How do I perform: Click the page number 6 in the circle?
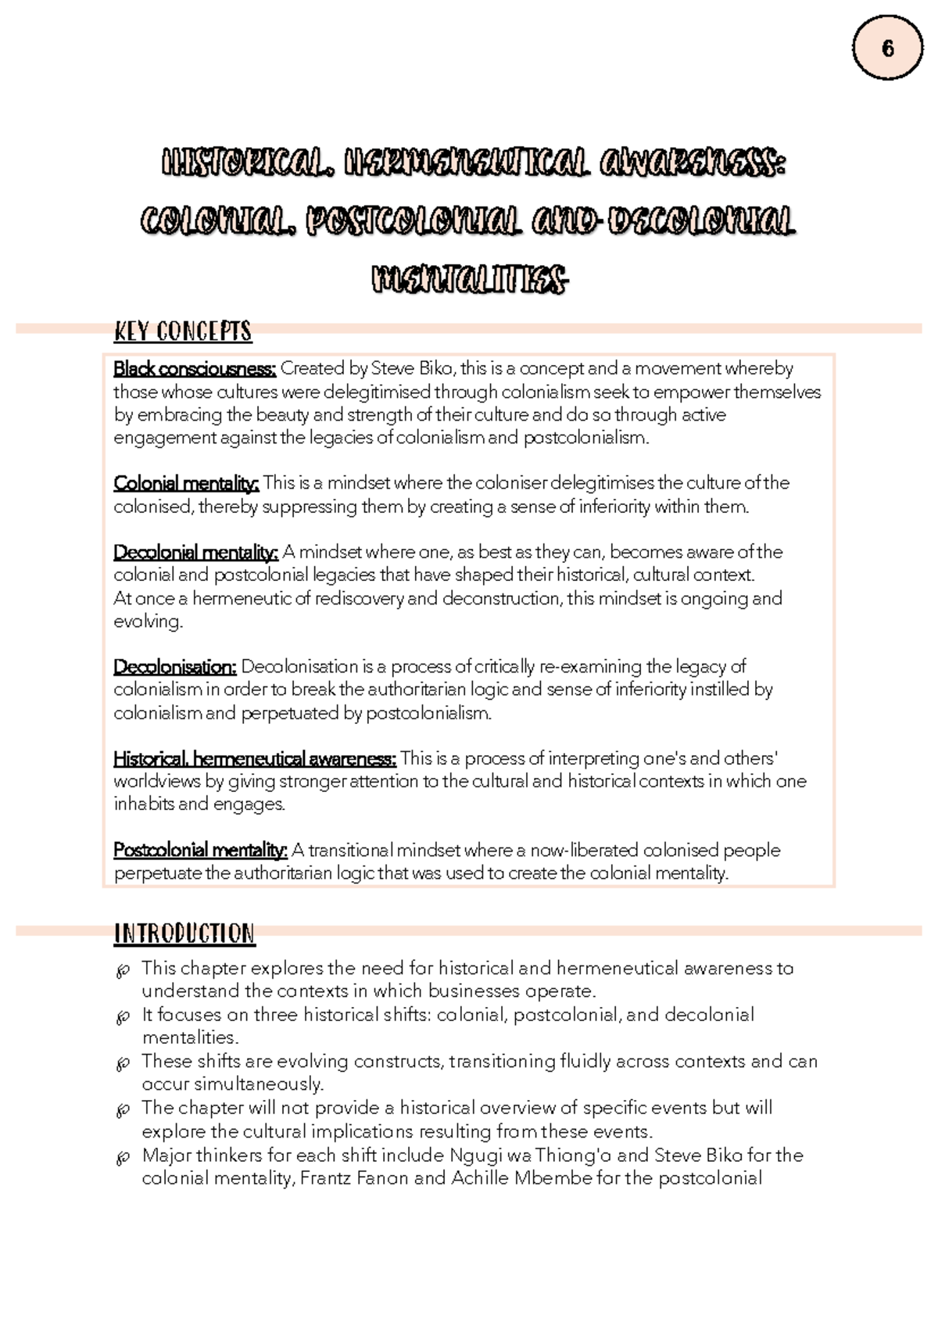(887, 49)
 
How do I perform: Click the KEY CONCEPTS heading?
(183, 331)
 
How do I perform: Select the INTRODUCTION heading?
(184, 934)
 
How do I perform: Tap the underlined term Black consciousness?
(195, 368)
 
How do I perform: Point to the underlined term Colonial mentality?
(186, 483)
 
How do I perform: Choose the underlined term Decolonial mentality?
(195, 553)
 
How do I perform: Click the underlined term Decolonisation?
(175, 667)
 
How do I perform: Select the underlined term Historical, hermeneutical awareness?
(255, 758)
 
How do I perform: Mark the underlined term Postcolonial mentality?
(201, 850)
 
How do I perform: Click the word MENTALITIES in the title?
(469, 279)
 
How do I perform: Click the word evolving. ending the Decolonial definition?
(148, 622)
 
